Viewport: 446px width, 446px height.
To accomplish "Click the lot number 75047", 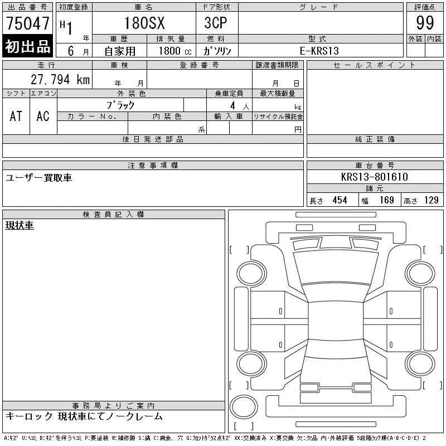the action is [27, 23].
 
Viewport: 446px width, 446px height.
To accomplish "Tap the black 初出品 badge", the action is [27, 46].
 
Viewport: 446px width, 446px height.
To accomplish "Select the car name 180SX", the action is [144, 23].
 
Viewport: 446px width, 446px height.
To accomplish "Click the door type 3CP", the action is [216, 23].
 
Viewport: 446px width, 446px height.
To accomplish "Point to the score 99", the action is [425, 23].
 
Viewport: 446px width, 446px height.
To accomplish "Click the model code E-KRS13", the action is [319, 51].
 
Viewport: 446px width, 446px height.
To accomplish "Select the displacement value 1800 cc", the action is [175, 51].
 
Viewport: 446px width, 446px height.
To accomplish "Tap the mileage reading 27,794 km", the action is [60, 80].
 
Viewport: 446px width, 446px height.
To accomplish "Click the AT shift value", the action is [16, 116].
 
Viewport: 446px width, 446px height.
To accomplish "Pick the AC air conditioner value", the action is [43, 116].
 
